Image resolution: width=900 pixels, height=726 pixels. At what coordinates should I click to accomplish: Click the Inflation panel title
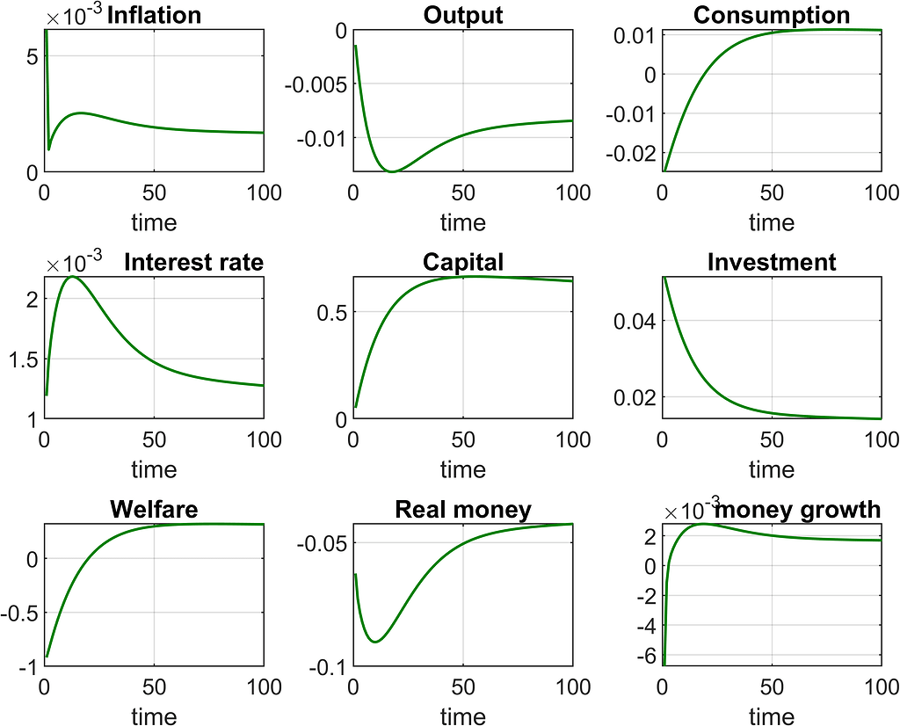(154, 15)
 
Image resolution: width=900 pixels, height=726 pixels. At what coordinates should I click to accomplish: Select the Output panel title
(462, 15)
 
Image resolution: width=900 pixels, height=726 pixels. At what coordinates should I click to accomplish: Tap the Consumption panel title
(771, 15)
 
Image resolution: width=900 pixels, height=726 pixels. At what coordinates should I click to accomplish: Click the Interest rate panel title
(193, 262)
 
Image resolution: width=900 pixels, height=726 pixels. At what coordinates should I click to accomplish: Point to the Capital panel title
(462, 262)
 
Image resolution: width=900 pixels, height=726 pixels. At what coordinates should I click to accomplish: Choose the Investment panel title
(771, 262)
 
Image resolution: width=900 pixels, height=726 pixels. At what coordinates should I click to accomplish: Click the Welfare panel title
(154, 510)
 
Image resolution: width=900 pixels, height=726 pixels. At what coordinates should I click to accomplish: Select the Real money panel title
(462, 510)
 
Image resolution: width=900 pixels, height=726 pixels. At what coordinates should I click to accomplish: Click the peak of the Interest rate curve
(70, 277)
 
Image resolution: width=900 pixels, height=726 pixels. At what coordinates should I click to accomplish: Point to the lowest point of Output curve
(392, 171)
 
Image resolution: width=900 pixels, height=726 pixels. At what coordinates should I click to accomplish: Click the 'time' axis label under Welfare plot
(154, 717)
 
